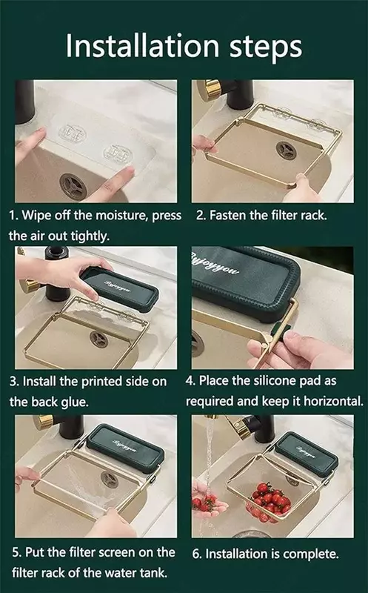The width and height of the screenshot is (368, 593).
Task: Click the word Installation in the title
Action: pyautogui.click(x=142, y=46)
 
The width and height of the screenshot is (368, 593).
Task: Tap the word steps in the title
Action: pyautogui.click(x=266, y=48)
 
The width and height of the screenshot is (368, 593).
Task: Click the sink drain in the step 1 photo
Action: pyautogui.click(x=73, y=185)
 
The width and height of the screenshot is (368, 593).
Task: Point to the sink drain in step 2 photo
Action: pyautogui.click(x=286, y=150)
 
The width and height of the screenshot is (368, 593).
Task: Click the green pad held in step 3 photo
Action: pyautogui.click(x=120, y=289)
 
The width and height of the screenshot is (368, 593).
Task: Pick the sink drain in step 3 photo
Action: pyautogui.click(x=98, y=339)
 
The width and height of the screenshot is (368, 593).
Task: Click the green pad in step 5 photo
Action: pyautogui.click(x=125, y=448)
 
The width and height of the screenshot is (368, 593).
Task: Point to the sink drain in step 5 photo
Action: pyautogui.click(x=110, y=479)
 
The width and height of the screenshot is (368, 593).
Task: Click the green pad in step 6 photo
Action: pyautogui.click(x=307, y=454)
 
